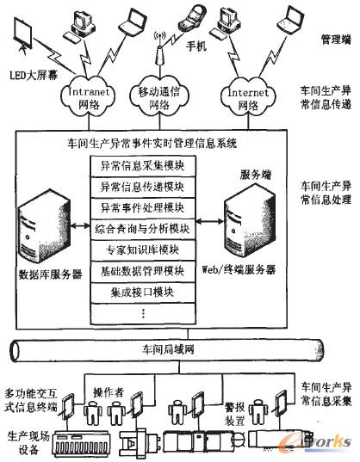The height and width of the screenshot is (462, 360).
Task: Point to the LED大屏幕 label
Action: click(32, 75)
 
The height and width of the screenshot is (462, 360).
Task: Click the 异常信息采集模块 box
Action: click(144, 165)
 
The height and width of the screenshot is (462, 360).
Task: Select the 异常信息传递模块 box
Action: click(144, 186)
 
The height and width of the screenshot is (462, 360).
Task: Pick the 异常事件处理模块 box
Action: click(144, 207)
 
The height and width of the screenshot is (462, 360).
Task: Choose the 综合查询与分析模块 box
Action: click(144, 229)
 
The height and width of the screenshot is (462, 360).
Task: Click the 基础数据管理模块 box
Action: click(144, 271)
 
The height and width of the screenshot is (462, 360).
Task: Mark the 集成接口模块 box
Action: click(144, 293)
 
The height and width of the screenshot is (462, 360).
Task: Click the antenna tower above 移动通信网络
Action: click(158, 50)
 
